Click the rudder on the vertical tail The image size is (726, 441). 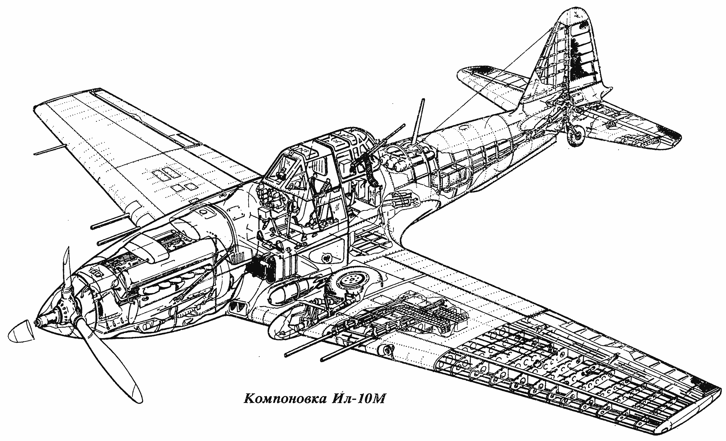click(x=582, y=50)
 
